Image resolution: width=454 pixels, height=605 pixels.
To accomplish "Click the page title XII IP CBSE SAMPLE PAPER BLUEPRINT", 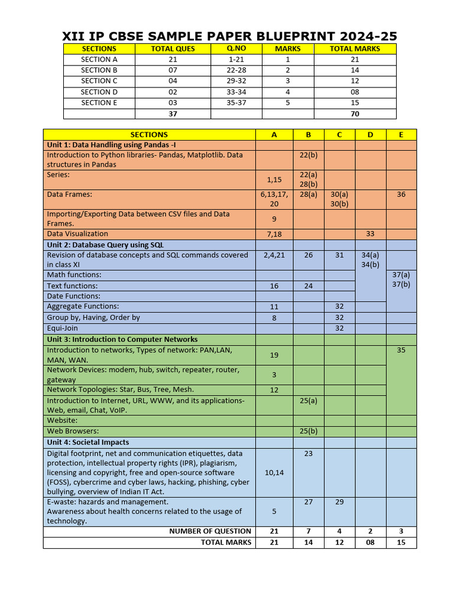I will [x=229, y=35].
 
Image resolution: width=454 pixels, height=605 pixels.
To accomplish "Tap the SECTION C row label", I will [x=99, y=81].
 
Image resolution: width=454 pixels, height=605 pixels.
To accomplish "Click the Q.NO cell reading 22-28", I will [x=236, y=70].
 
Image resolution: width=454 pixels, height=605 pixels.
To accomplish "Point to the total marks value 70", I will [x=355, y=114].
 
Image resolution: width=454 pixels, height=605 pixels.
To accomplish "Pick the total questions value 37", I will [x=173, y=114].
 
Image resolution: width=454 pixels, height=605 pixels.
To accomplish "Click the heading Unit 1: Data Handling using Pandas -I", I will [x=112, y=145].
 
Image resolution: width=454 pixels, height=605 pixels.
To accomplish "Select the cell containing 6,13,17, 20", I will [x=274, y=199].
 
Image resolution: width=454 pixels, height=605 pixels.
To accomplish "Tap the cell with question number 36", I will [x=401, y=194].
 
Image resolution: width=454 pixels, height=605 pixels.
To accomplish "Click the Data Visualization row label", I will [x=77, y=234].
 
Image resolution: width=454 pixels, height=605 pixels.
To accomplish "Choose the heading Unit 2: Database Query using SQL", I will [x=106, y=245].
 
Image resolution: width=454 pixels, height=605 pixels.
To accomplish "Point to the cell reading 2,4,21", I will [x=274, y=255].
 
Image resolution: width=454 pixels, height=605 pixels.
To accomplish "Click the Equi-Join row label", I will [x=63, y=328].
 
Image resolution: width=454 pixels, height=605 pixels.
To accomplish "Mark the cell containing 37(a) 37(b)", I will [x=401, y=279].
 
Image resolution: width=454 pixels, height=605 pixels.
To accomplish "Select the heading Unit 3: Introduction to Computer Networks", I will [x=122, y=340].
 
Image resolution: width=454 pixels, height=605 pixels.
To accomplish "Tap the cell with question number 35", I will [x=401, y=350].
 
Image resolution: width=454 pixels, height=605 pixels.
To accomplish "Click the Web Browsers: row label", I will [x=73, y=431].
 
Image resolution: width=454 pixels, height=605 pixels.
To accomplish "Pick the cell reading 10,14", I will [x=274, y=473].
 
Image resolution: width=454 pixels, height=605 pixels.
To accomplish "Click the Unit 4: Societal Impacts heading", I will [x=88, y=443].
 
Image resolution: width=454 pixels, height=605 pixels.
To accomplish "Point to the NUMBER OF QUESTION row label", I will [x=210, y=531].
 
